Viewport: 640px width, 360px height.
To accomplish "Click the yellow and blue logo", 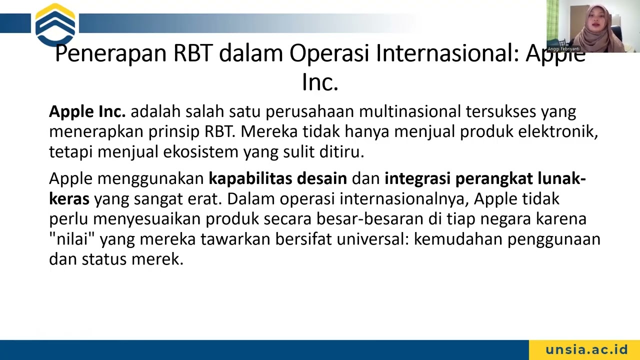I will (x=55, y=24).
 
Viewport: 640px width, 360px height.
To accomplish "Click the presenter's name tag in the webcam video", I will (x=563, y=49).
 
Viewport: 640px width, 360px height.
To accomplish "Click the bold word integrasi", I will (x=417, y=178).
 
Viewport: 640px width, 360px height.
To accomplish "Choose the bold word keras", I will (x=69, y=199).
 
